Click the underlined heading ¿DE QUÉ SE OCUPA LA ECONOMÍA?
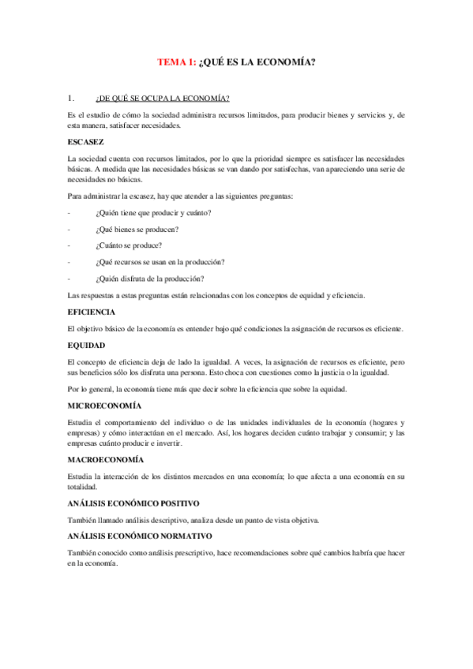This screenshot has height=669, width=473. point(162,99)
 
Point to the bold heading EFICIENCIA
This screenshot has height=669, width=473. point(92,312)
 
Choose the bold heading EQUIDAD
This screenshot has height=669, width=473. point(87,346)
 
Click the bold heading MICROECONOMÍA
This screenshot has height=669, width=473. point(105,405)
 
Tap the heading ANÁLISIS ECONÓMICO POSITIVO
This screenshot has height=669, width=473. point(133,503)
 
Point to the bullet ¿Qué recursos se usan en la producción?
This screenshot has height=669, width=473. point(160,262)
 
